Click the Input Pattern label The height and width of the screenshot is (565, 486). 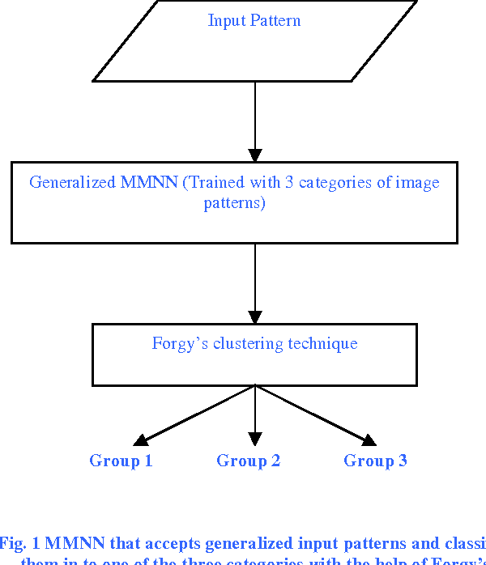click(x=254, y=20)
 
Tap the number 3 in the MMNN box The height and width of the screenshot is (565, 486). click(x=289, y=182)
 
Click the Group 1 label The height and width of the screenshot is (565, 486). click(x=121, y=461)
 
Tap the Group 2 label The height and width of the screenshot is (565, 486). click(x=248, y=461)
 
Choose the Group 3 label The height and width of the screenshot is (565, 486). click(x=375, y=461)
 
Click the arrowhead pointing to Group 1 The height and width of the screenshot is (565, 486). click(x=141, y=440)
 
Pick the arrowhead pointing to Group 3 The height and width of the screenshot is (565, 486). click(x=369, y=440)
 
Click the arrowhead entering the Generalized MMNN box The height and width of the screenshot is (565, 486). click(x=255, y=155)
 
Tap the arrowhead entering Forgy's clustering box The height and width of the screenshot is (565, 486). click(x=255, y=317)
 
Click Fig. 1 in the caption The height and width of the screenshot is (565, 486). click(x=19, y=543)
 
